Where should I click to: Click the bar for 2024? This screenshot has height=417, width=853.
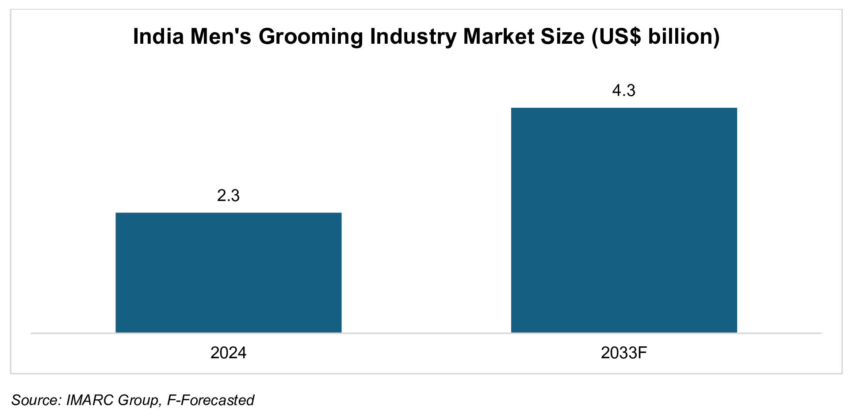click(228, 272)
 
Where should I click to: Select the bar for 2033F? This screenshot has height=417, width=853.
click(623, 220)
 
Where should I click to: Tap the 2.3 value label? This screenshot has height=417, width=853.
click(228, 195)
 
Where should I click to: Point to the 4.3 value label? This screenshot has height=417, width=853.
click(623, 91)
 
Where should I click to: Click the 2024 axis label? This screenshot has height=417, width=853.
click(228, 353)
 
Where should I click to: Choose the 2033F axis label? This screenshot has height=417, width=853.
click(623, 353)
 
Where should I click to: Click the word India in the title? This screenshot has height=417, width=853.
click(158, 36)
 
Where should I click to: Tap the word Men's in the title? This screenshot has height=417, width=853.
click(221, 36)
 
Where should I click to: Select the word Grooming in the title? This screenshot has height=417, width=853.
click(310, 37)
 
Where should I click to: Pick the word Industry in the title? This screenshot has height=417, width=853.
click(413, 37)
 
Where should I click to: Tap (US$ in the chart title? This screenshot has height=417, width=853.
click(616, 37)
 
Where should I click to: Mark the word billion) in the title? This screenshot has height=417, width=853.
click(684, 36)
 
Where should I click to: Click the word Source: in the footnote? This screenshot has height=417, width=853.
click(36, 400)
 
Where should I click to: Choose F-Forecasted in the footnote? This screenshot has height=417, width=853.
click(210, 400)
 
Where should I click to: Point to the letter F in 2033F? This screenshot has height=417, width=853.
click(643, 353)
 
